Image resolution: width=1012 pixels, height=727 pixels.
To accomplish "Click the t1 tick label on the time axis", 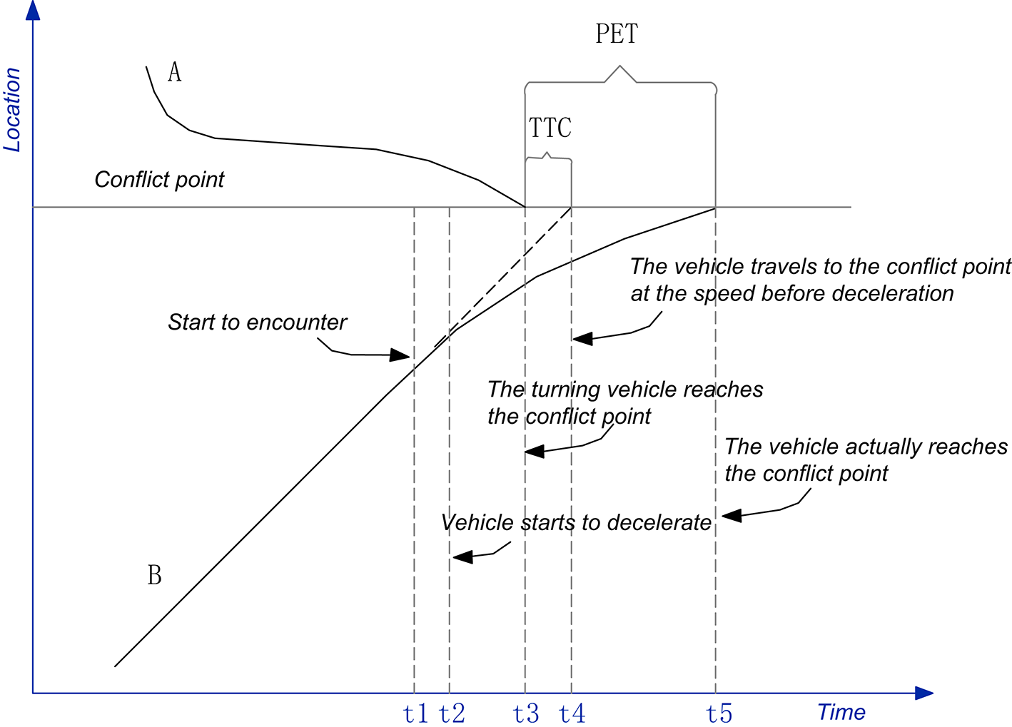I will pos(415,713).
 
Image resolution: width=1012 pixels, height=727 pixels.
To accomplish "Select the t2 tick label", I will pos(452,713).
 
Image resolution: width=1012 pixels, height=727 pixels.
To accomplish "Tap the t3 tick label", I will pos(526,713).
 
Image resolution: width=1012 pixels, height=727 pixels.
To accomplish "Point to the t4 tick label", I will pos(572,713).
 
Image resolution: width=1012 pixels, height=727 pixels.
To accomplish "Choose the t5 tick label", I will pos(719,713).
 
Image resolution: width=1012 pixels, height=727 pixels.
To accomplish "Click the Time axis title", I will pos(841,712).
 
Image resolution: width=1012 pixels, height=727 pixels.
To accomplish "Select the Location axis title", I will pos(12,109).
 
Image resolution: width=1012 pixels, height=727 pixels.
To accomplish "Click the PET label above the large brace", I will pos(617,34).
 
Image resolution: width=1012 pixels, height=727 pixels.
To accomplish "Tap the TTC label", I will pos(550,128).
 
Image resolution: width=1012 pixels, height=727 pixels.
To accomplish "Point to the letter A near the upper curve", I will pos(174,72).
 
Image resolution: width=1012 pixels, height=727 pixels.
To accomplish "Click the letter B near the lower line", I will pos(154,575).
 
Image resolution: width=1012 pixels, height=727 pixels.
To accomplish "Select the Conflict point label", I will pos(159,179).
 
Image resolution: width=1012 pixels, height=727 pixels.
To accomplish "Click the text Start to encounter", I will pos(257,322).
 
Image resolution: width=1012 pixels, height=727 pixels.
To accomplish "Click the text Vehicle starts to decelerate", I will pos(576,523).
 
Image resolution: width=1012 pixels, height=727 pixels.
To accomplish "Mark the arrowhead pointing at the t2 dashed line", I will pos(462,556).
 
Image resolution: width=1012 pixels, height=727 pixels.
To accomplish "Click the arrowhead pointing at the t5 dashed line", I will pos(731,515).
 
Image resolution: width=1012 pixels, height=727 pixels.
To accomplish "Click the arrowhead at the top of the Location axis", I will pos(33,10).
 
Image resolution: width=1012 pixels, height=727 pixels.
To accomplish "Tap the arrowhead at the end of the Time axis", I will pos(924,693).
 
